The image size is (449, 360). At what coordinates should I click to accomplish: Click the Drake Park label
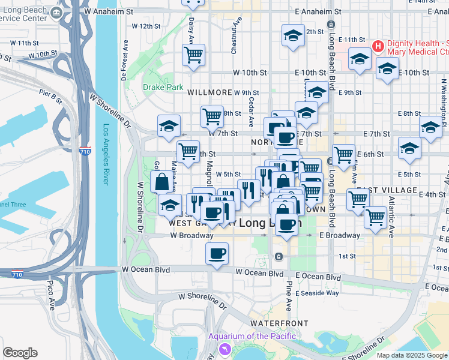(x=163, y=87)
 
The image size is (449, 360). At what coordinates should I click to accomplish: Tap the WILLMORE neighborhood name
(x=209, y=93)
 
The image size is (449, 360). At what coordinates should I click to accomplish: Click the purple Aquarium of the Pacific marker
(x=225, y=349)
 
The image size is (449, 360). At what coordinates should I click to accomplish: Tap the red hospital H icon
(x=378, y=46)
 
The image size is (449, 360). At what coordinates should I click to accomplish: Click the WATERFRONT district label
(x=279, y=323)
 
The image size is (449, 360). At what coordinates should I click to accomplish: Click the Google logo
(x=20, y=353)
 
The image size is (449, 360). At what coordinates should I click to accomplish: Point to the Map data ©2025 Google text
(x=411, y=355)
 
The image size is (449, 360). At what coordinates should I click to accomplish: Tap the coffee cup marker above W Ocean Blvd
(x=217, y=253)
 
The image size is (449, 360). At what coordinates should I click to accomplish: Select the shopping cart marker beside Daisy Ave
(x=193, y=55)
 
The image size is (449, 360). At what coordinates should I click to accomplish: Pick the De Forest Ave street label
(x=125, y=61)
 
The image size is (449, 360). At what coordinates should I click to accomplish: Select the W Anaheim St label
(x=109, y=11)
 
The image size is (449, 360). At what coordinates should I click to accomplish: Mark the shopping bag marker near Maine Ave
(x=161, y=182)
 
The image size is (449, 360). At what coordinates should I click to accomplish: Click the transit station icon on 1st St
(x=279, y=257)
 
